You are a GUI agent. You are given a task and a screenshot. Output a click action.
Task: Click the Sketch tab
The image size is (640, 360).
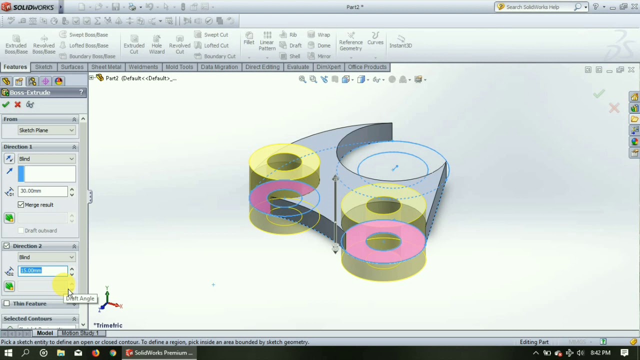[43, 67]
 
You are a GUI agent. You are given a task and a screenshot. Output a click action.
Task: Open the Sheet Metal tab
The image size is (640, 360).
[106, 67]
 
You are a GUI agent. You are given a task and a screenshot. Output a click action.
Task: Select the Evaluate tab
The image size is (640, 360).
[297, 67]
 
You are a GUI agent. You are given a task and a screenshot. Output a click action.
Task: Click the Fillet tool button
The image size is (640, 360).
[249, 38]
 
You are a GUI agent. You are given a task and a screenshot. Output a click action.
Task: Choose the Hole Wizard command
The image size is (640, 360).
[156, 44]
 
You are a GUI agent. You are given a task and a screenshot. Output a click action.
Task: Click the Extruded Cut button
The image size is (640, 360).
[134, 44]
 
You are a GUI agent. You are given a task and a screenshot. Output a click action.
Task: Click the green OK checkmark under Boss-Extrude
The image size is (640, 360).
[5, 104]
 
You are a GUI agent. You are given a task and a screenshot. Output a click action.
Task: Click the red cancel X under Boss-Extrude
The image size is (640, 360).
[17, 104]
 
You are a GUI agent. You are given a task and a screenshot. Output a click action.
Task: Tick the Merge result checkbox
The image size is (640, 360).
[21, 205]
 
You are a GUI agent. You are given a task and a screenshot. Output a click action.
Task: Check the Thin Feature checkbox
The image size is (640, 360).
[6, 303]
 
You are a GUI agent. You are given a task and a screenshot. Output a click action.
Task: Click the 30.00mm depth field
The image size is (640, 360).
[42, 191]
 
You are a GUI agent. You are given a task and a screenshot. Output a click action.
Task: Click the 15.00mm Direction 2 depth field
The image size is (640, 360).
[42, 270]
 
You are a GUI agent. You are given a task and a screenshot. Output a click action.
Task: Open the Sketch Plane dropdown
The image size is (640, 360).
[46, 130]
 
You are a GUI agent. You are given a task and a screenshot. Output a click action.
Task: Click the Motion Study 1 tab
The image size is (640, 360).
[80, 333]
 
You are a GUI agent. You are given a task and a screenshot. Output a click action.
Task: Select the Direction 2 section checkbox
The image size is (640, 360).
[6, 246]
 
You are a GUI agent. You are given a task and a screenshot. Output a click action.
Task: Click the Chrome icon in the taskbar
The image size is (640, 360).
[113, 353]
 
